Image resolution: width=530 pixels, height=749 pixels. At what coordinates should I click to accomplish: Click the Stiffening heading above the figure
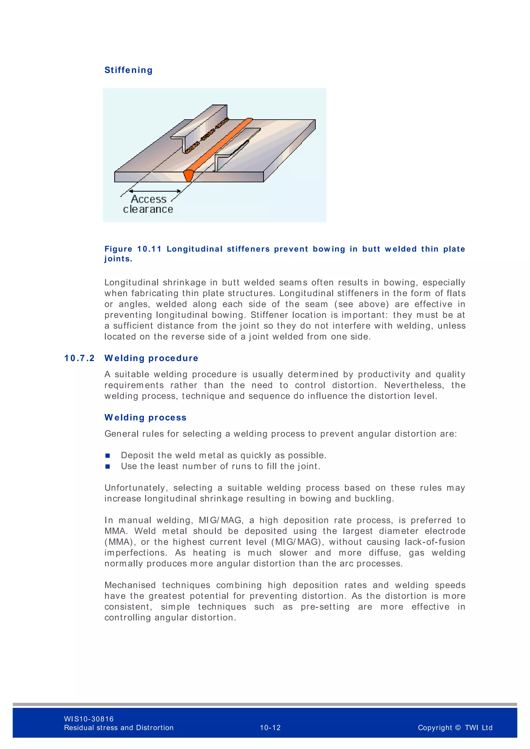tap(128, 70)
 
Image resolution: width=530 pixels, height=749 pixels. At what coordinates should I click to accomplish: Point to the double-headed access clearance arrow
tap(155, 191)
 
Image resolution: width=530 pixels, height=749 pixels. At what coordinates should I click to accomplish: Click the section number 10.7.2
tap(79, 358)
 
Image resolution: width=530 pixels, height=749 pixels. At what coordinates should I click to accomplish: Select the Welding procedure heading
tap(151, 358)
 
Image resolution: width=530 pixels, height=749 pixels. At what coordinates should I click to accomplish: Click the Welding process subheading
tap(145, 417)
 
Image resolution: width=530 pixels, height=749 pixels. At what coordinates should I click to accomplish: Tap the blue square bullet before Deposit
tap(108, 456)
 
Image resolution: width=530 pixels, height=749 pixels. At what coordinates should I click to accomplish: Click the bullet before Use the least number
tap(108, 467)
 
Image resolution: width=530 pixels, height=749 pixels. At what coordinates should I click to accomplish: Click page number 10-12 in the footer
tap(270, 728)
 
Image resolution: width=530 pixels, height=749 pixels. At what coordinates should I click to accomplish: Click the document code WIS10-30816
tap(89, 719)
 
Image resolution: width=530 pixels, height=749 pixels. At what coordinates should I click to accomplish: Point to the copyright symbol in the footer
tap(458, 728)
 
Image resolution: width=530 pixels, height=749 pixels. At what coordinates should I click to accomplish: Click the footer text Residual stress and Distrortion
tap(119, 728)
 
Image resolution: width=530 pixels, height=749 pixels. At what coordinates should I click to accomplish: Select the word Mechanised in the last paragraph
tap(130, 585)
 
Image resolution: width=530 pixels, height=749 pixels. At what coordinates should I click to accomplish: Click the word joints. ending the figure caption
tap(118, 259)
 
